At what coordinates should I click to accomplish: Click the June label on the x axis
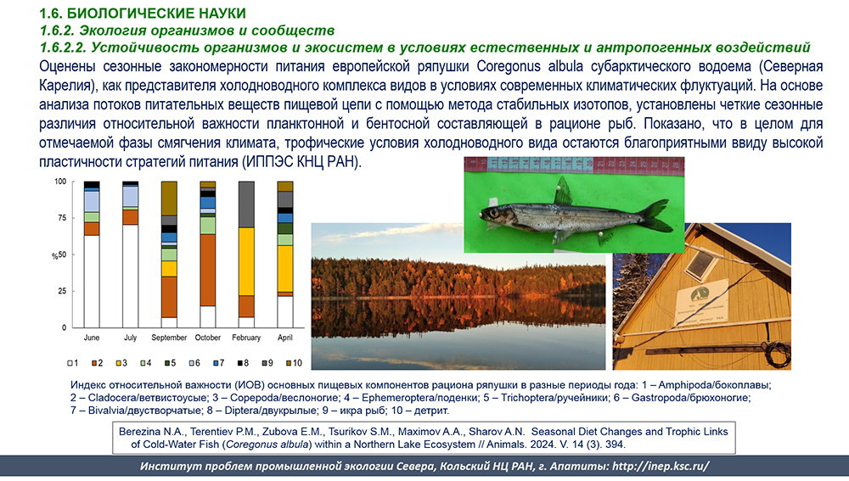tap(92, 338)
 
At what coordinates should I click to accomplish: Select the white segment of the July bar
tap(130, 276)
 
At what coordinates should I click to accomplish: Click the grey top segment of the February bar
tap(246, 204)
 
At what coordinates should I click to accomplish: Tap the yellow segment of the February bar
tap(246, 261)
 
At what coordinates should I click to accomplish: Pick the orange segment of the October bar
tap(208, 270)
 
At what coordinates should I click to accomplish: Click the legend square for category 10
tap(289, 363)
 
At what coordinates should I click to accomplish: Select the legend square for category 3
tap(118, 363)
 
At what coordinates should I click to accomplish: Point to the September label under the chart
tap(169, 338)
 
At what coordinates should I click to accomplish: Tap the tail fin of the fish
tap(655, 215)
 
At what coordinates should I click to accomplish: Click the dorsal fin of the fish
tap(563, 191)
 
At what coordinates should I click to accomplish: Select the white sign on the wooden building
tap(700, 304)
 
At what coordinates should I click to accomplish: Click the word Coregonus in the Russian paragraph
tap(509, 66)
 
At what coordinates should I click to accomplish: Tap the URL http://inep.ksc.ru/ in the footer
tap(661, 467)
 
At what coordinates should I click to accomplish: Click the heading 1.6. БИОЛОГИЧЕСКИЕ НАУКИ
tap(143, 13)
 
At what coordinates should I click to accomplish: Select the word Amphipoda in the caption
tap(683, 385)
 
